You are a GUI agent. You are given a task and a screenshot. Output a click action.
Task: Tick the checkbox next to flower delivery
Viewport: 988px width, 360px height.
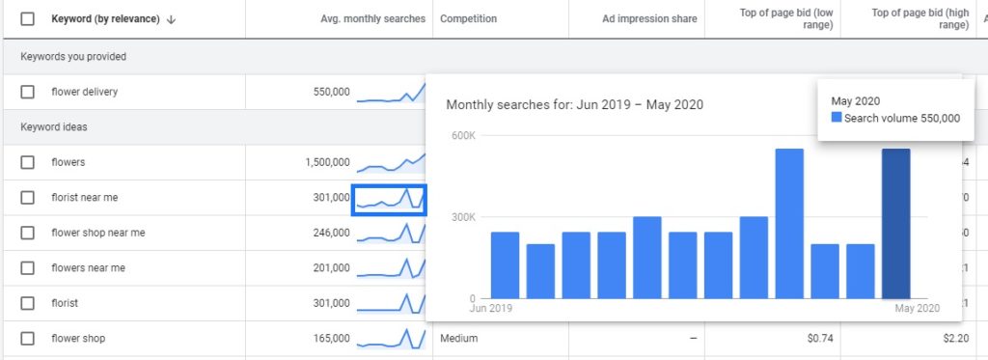click(x=28, y=92)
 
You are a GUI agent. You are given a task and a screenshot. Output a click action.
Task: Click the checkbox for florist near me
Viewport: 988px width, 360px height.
click(x=28, y=198)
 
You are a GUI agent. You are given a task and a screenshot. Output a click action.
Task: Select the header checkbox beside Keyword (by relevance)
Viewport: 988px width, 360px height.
click(x=28, y=18)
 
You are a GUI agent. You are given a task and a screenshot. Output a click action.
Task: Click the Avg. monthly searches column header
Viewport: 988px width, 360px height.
click(x=372, y=18)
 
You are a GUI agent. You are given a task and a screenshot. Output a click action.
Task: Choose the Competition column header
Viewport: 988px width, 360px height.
click(x=469, y=18)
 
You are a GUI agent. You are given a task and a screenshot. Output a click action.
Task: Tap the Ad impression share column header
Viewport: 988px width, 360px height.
click(x=651, y=18)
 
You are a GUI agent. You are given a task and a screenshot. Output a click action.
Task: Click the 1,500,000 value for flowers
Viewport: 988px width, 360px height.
click(x=327, y=162)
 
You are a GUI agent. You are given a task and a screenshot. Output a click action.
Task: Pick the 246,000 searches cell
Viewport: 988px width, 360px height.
click(x=331, y=233)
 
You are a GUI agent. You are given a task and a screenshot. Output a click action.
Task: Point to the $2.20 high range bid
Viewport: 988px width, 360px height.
click(x=954, y=339)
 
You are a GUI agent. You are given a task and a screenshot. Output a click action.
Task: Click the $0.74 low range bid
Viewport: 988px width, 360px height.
click(x=819, y=339)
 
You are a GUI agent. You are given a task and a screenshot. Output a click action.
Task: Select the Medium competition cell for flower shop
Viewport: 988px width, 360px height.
click(x=459, y=339)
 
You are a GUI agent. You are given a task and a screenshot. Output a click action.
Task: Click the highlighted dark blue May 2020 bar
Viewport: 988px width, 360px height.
click(x=895, y=223)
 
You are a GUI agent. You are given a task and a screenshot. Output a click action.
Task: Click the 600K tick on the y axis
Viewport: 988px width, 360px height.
click(x=463, y=135)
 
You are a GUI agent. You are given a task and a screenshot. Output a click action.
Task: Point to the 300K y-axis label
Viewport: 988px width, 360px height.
click(x=463, y=217)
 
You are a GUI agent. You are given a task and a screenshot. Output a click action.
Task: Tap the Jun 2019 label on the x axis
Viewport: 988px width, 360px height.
click(x=491, y=309)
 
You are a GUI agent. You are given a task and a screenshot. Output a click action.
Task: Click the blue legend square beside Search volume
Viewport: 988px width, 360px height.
click(x=837, y=118)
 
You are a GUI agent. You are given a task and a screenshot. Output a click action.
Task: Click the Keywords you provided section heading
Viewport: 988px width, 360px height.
click(x=73, y=57)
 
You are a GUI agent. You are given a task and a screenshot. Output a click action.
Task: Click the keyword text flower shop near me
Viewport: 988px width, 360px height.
click(x=97, y=233)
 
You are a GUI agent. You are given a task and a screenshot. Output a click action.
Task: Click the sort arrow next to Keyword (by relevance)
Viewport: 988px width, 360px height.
click(x=171, y=18)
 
